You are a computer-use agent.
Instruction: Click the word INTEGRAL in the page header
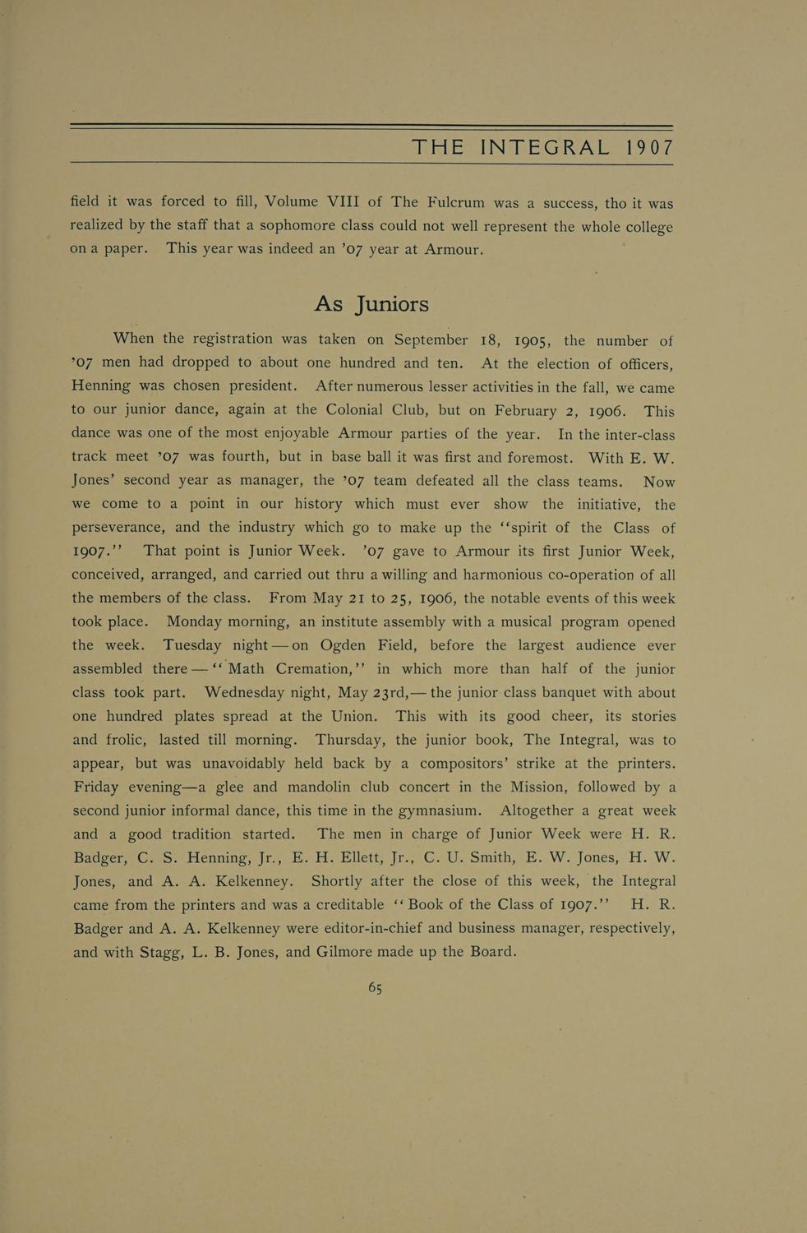pyautogui.click(x=546, y=148)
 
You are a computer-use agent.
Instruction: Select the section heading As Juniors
pyautogui.click(x=371, y=304)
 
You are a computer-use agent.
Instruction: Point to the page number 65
pyautogui.click(x=375, y=987)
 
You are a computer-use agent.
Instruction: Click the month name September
pyautogui.click(x=431, y=340)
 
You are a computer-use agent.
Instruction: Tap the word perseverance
pyautogui.click(x=123, y=528)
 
